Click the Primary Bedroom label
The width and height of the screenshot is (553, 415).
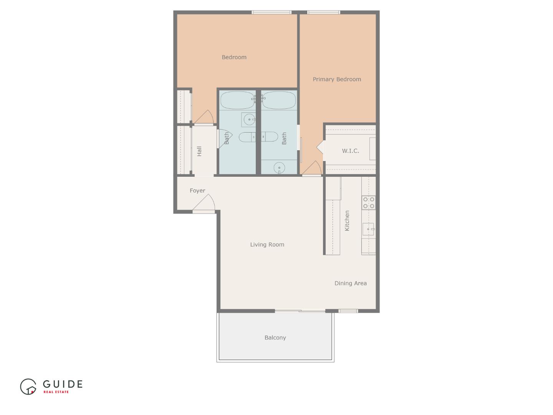click(x=337, y=80)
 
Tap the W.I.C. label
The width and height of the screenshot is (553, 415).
click(x=350, y=151)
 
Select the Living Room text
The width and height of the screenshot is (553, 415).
click(x=267, y=244)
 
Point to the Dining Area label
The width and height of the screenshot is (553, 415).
click(x=350, y=283)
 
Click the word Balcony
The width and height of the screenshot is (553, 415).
click(x=275, y=338)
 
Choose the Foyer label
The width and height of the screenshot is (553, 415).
click(x=197, y=191)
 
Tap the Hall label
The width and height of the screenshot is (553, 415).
click(x=199, y=151)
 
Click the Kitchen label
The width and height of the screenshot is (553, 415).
click(x=347, y=221)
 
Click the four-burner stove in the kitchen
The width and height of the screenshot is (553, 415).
click(x=369, y=203)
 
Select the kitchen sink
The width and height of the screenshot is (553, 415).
click(x=368, y=229)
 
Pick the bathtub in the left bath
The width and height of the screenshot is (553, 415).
click(x=238, y=100)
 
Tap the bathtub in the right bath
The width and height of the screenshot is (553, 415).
click(x=279, y=100)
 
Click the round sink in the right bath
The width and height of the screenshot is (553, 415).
click(x=279, y=168)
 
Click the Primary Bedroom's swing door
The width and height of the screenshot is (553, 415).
click(x=312, y=169)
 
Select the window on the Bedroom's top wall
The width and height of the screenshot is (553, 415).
click(x=272, y=12)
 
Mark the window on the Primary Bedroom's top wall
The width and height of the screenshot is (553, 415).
click(x=324, y=12)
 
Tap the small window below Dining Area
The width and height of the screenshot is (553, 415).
click(x=348, y=311)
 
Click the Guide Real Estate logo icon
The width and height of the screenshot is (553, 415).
click(x=28, y=387)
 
